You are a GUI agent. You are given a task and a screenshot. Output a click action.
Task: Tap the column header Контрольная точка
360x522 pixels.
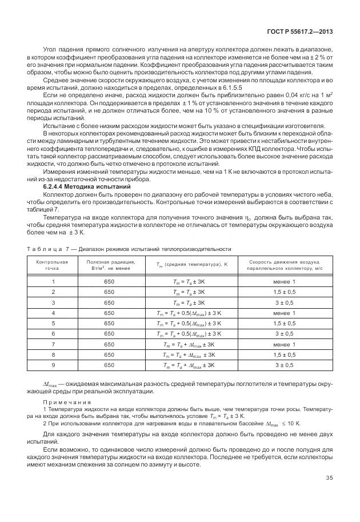click(x=53, y=265)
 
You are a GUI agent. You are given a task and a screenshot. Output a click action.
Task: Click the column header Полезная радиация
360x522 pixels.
click(x=110, y=265)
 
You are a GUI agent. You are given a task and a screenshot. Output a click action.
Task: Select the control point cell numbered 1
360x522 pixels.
click(x=53, y=282)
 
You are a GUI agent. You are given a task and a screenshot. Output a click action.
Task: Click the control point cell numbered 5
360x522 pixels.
click(x=53, y=323)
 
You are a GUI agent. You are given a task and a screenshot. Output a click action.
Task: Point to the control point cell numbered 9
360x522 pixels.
click(x=53, y=364)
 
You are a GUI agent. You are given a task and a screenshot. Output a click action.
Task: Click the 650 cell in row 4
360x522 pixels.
click(x=109, y=313)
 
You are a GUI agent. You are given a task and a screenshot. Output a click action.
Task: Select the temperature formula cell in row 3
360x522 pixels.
click(x=189, y=302)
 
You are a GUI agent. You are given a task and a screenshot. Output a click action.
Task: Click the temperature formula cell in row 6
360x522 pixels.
click(x=189, y=333)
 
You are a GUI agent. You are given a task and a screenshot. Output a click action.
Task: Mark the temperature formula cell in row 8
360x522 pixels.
click(x=189, y=354)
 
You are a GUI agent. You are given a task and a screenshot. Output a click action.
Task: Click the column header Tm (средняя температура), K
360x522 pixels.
click(x=189, y=265)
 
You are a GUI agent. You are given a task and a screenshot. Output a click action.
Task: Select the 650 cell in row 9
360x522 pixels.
click(x=109, y=364)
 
